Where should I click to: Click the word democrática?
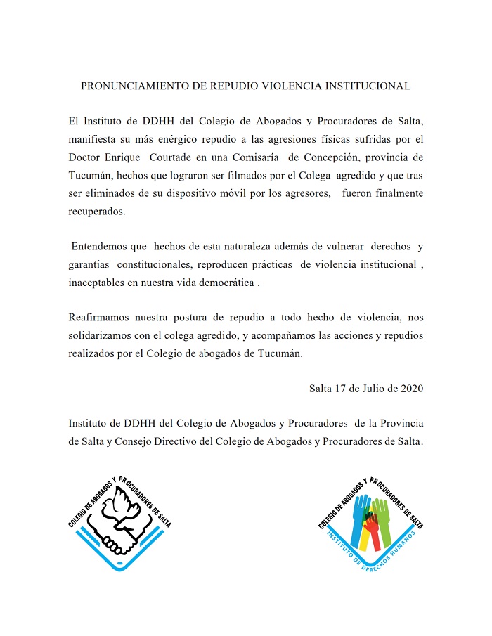(x=222, y=284)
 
